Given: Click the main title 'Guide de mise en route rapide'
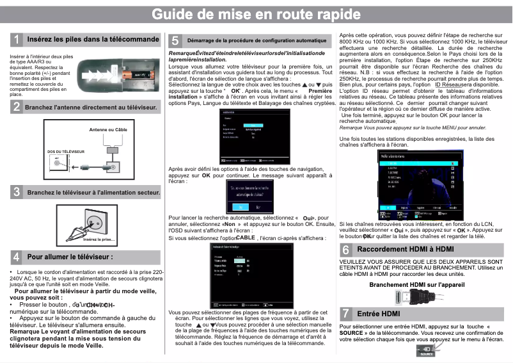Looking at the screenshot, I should [x=256, y=14].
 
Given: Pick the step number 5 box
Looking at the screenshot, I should [x=175, y=40].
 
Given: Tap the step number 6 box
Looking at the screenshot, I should [x=345, y=249].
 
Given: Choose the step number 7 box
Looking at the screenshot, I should [x=345, y=314].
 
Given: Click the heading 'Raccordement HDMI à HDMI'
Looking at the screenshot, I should [x=405, y=249].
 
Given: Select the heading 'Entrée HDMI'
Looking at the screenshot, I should [x=378, y=314].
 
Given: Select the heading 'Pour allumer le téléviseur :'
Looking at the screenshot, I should [x=70, y=257].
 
